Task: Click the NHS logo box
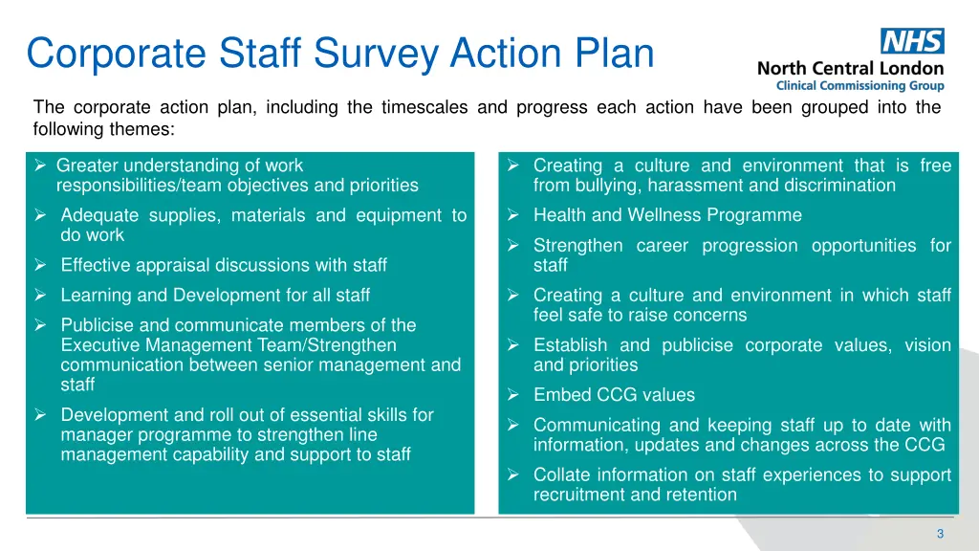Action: pyautogui.click(x=912, y=41)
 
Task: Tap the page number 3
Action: pyautogui.click(x=940, y=533)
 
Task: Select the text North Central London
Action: pyautogui.click(x=850, y=69)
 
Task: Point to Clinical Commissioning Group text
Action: pyautogui.click(x=859, y=86)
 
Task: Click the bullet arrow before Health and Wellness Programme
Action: pyautogui.click(x=513, y=215)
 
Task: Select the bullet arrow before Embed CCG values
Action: pyautogui.click(x=513, y=395)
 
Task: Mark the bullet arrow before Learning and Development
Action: pyautogui.click(x=40, y=296)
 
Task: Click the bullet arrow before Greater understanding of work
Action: pyautogui.click(x=40, y=165)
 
